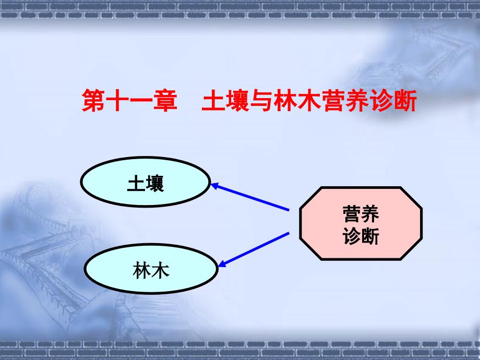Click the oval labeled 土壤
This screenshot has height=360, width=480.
click(x=146, y=182)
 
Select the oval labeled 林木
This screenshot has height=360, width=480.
click(x=151, y=269)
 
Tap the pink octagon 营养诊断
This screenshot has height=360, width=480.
click(x=361, y=223)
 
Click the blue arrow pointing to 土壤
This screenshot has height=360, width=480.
click(x=250, y=197)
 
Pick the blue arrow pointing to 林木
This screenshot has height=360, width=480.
click(x=254, y=249)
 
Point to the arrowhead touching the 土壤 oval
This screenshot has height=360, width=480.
click(x=214, y=186)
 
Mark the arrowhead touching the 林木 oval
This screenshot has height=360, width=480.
click(x=222, y=263)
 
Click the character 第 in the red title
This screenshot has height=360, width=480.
click(x=93, y=100)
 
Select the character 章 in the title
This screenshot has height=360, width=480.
click(x=165, y=100)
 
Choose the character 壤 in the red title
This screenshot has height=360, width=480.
click(x=237, y=100)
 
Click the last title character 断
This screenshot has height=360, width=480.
click(x=405, y=100)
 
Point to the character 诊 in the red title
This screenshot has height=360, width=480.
click(x=381, y=100)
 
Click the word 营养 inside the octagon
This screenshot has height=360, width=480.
click(x=361, y=214)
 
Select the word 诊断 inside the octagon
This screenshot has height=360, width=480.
click(x=361, y=236)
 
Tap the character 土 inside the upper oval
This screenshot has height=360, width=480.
click(x=136, y=183)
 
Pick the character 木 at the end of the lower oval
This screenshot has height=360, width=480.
click(x=160, y=270)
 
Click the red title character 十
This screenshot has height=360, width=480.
click(x=117, y=100)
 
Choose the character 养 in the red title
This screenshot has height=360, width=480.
click(x=357, y=100)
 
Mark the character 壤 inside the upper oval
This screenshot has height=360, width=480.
click(x=155, y=183)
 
